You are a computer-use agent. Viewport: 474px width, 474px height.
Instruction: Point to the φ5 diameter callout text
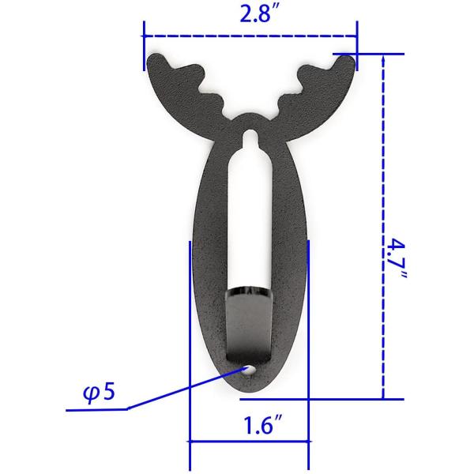click(99, 393)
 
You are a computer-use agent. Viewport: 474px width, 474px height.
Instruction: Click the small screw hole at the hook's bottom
click(250, 369)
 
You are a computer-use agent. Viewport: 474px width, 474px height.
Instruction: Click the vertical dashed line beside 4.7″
click(383, 229)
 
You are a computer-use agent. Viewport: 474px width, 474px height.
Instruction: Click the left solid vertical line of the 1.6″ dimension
click(190, 348)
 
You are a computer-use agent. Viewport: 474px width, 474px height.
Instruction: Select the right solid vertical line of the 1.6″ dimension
click(308, 348)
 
